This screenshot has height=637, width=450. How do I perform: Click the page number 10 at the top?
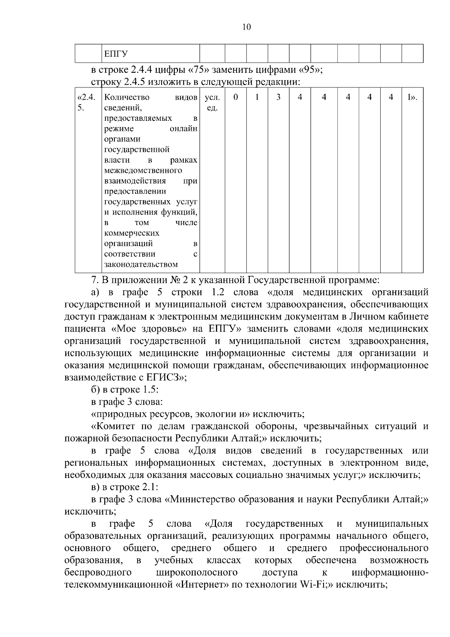246,27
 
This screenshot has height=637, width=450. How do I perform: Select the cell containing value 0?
235,98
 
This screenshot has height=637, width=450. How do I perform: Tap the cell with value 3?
278,98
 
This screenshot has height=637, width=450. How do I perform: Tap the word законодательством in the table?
141,264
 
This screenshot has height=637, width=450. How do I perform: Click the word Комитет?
114,427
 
